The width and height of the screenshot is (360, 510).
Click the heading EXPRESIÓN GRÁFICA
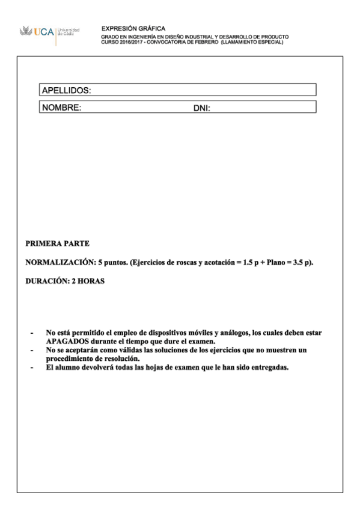click(133, 28)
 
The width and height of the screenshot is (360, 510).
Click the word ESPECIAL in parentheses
click(268, 42)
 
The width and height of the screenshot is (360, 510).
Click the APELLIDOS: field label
click(66, 91)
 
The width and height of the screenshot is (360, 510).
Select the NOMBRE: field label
click(61, 108)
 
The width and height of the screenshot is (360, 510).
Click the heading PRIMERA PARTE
click(58, 244)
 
